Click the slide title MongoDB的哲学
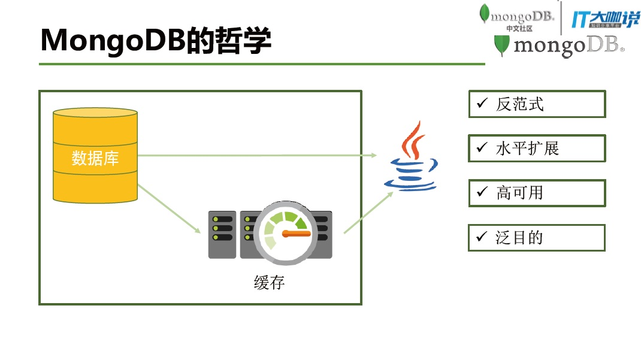tap(156, 40)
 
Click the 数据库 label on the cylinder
tap(95, 158)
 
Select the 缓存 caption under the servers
tap(269, 282)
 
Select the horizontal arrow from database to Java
tap(258, 155)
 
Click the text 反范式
tap(519, 104)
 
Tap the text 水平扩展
tap(528, 149)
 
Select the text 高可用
tap(519, 193)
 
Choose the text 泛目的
tap(519, 238)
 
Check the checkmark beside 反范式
tap(482, 104)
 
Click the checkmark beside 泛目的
tap(482, 237)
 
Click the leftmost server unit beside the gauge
tap(222, 234)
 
